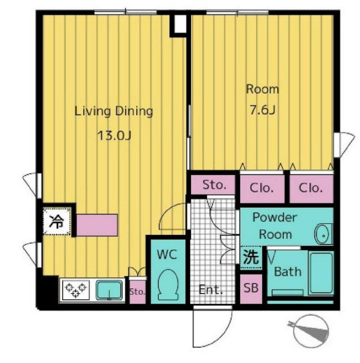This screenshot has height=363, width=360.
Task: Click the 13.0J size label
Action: point(115,136)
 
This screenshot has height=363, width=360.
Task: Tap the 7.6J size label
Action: point(262,110)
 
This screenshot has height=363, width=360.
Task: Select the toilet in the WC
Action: point(168,285)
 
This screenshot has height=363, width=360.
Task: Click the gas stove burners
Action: point(75,290)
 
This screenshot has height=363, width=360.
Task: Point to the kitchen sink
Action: point(109,290)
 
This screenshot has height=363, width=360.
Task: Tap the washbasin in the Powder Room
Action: point(323,234)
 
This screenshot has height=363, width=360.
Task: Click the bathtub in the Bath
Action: point(321,273)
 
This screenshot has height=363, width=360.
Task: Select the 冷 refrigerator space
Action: point(57,221)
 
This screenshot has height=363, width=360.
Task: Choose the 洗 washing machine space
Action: point(251,258)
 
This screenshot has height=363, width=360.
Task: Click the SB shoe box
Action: point(251,289)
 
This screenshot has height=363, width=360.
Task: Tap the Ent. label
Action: point(211,290)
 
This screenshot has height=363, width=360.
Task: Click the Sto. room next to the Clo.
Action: point(213,185)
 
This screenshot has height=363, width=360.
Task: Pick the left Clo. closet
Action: point(262,189)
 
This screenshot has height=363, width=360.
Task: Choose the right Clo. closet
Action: point(312,189)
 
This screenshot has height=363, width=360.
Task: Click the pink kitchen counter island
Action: point(97,225)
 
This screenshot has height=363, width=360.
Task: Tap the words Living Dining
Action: point(114,111)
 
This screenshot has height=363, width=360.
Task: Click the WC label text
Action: point(167,254)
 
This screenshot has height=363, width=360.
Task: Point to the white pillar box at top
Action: point(180,24)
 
